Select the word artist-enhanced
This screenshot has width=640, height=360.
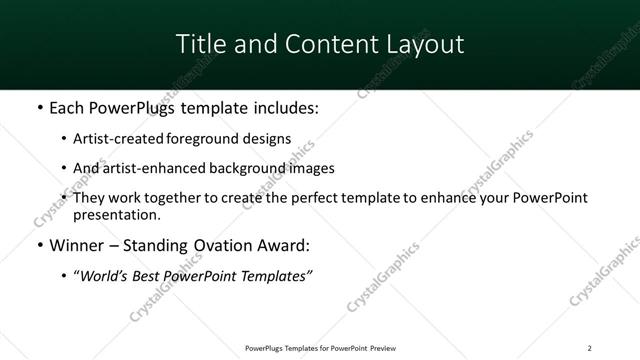tap(150, 168)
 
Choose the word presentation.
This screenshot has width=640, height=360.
tap(116, 215)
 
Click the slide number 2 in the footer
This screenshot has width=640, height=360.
tap(589, 347)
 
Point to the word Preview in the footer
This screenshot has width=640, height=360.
tap(381, 347)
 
